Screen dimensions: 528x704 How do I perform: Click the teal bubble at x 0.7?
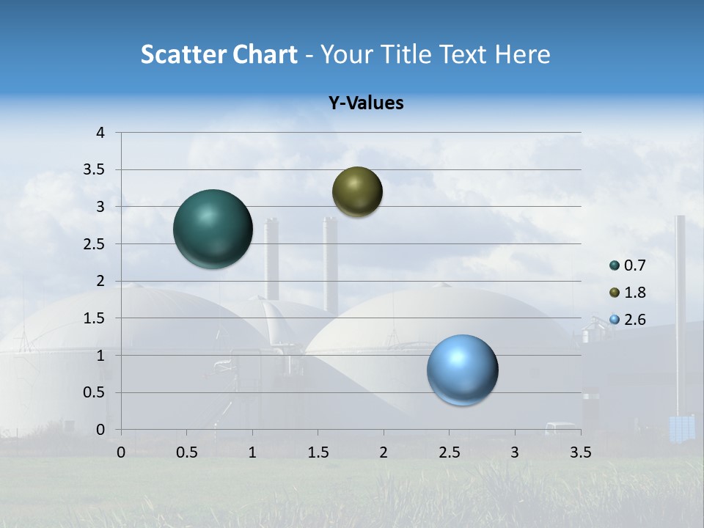(x=213, y=229)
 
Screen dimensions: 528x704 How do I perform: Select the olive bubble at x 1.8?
(x=357, y=191)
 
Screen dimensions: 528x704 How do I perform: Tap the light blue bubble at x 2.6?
(x=462, y=370)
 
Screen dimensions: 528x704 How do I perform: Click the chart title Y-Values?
(x=366, y=103)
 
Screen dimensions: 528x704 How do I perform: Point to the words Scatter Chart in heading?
(x=219, y=54)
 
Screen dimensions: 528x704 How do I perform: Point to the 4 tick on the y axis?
(x=101, y=133)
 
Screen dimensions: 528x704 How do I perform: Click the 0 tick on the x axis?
(x=121, y=452)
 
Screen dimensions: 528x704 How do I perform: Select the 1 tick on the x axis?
(x=252, y=452)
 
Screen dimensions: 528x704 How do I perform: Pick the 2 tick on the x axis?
(x=384, y=452)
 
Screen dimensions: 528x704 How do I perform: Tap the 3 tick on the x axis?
(x=515, y=452)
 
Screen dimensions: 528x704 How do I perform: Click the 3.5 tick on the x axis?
(x=580, y=452)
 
